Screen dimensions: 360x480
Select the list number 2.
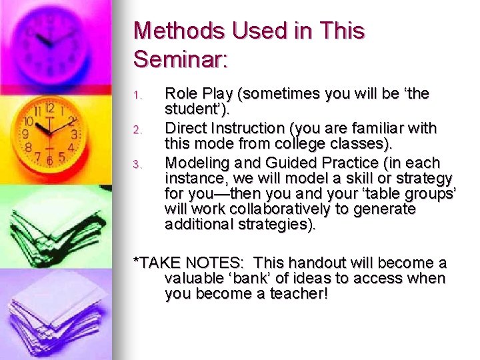[137, 130]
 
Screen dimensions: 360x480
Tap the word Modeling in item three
[193, 163]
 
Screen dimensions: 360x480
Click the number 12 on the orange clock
[49, 108]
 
